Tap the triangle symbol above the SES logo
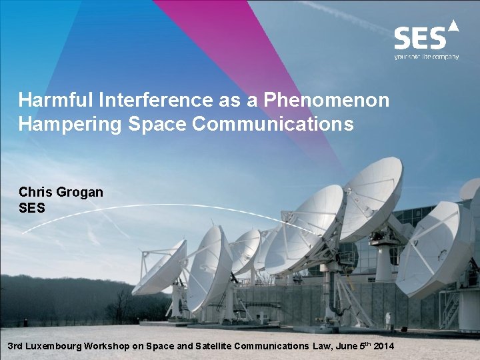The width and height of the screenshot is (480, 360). (453, 26)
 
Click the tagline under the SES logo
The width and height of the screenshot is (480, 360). (426, 57)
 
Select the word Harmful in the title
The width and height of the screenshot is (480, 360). (55, 100)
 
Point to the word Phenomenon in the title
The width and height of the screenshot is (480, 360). (327, 100)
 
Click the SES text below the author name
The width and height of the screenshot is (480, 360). (32, 208)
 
